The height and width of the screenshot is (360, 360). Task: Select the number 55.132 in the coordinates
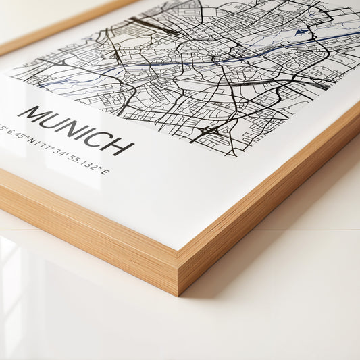[84, 163]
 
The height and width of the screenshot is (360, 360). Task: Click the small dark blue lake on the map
[300, 32]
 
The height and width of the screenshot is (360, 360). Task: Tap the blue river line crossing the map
[203, 63]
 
